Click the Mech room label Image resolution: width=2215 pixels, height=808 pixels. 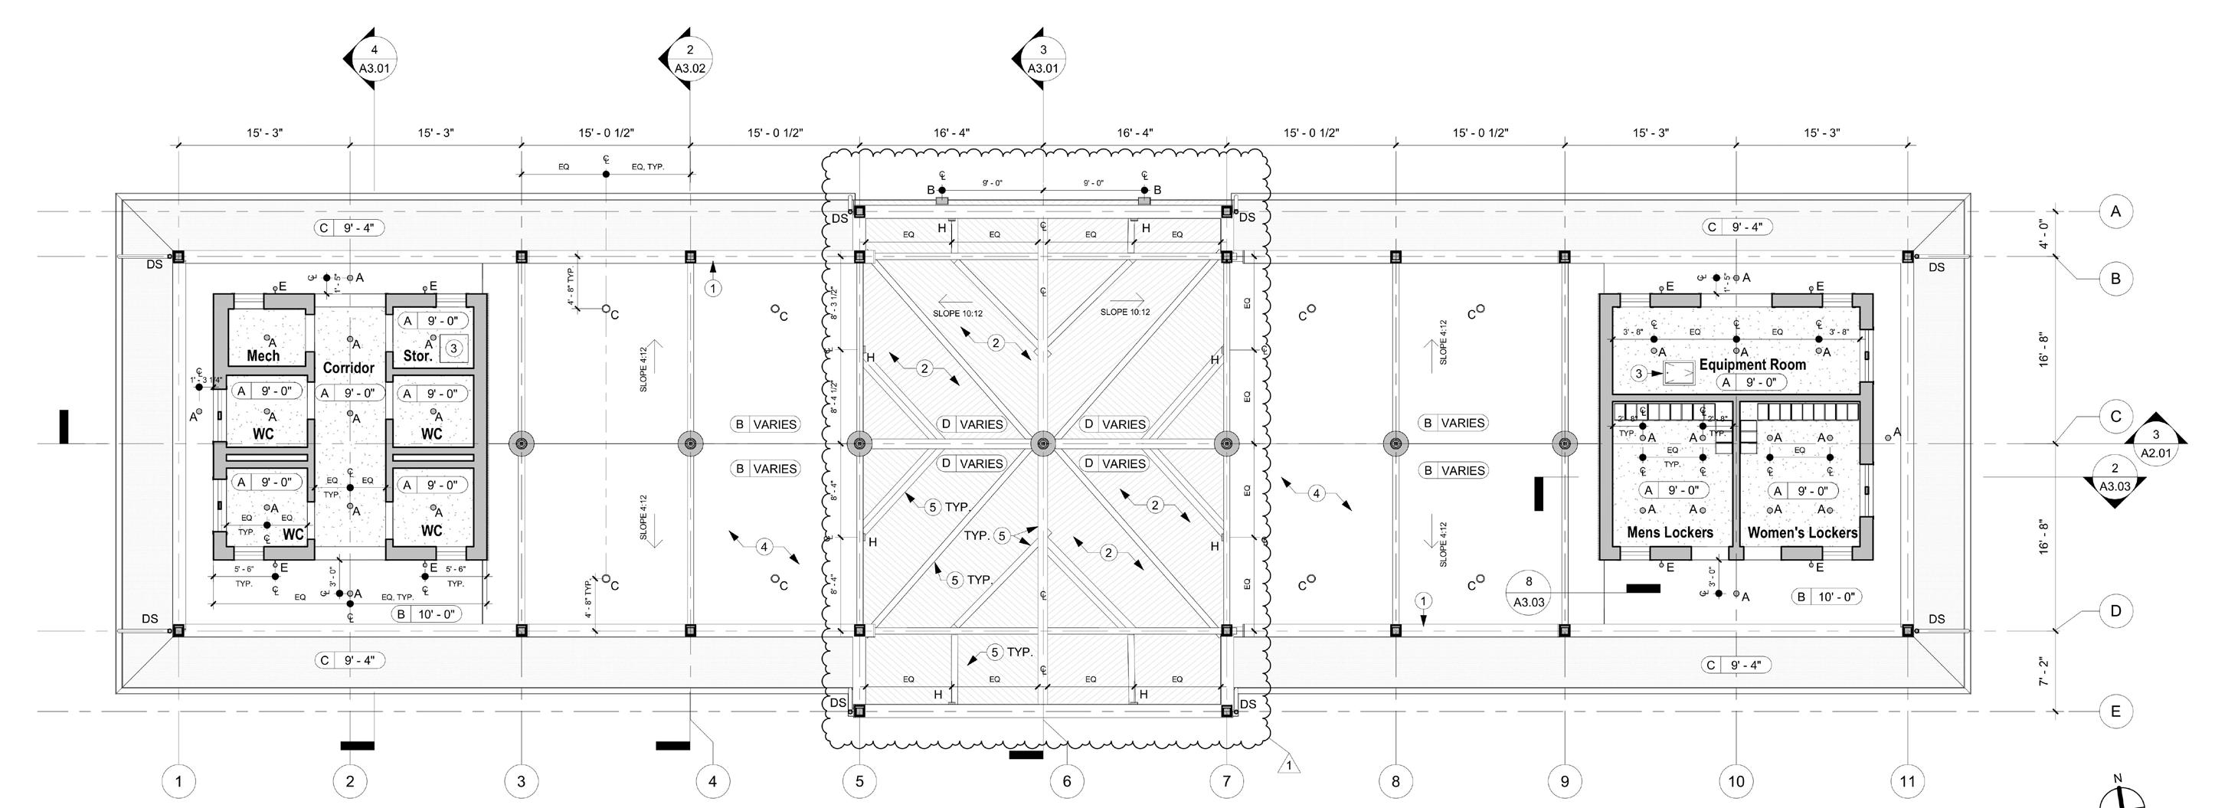coord(263,356)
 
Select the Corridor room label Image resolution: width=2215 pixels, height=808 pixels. coord(348,368)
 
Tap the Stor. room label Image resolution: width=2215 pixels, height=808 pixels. coord(418,356)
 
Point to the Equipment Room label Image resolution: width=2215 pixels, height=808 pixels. coord(1752,365)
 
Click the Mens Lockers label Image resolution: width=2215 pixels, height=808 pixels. coord(1670,533)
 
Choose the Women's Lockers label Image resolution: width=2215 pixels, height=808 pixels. coord(1802,533)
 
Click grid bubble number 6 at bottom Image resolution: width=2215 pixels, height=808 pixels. coord(1067,781)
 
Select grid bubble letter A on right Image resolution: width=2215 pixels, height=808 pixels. coord(2115,211)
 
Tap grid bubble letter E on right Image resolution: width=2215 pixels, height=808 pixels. coord(2115,711)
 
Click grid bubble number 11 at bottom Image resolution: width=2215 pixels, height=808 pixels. coord(1908,781)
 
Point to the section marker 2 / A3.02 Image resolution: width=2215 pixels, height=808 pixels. coord(689,58)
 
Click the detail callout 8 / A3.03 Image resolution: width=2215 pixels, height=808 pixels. coord(1529,591)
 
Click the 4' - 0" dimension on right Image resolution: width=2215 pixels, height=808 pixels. coord(2045,234)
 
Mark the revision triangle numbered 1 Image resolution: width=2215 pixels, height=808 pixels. coord(1288,764)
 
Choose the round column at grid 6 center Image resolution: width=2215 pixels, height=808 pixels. coord(1043,444)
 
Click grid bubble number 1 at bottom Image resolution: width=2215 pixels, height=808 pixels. coord(179,781)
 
